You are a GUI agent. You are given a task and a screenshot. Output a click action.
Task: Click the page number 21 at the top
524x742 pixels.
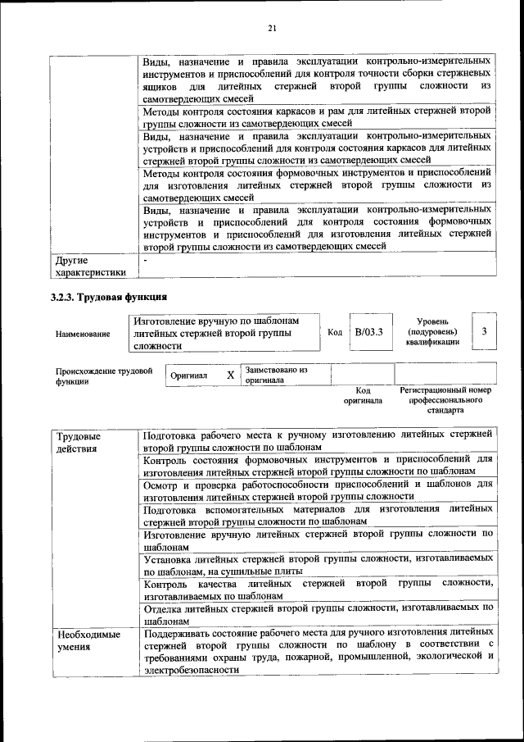[x=273, y=30]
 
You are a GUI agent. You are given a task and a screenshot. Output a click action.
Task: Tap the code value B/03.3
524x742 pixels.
[x=368, y=332]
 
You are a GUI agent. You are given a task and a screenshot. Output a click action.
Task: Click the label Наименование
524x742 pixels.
[x=83, y=334]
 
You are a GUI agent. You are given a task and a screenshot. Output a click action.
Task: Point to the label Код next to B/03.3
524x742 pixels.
[x=335, y=332]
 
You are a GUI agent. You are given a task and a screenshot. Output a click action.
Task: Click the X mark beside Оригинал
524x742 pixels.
[x=231, y=375]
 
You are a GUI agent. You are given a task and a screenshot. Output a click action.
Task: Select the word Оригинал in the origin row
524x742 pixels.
[x=188, y=376]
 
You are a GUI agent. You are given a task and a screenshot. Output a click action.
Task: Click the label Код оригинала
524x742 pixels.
[x=363, y=396]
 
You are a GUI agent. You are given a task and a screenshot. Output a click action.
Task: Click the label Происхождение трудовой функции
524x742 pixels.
[x=104, y=376]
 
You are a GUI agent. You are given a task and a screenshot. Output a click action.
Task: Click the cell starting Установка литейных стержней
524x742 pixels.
[x=318, y=564]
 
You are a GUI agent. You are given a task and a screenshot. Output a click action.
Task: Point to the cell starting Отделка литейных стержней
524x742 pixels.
[x=318, y=614]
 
